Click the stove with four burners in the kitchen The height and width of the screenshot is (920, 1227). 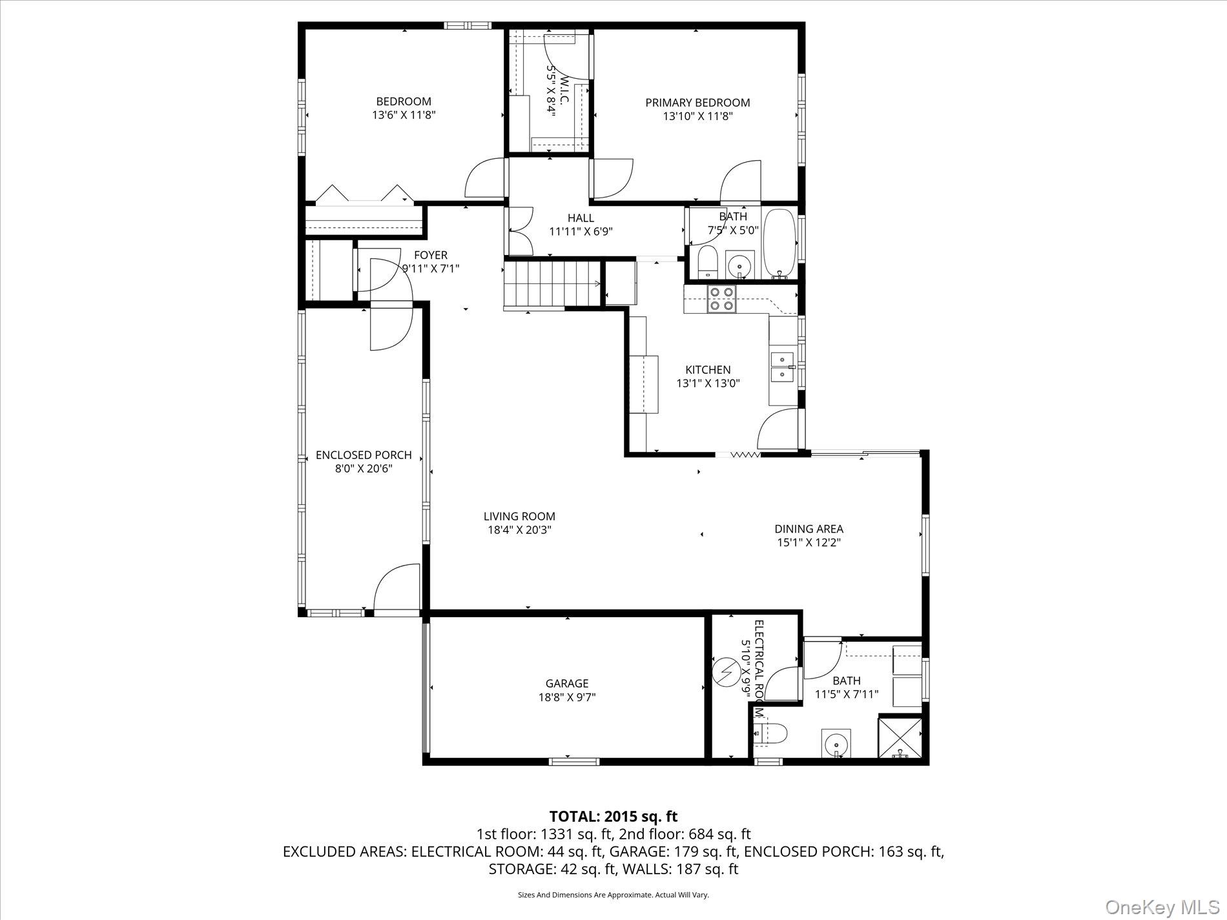click(721, 299)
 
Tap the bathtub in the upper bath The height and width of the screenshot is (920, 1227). click(780, 243)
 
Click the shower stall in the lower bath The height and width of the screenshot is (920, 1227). click(900, 738)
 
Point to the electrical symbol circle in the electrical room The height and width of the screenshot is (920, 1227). click(727, 673)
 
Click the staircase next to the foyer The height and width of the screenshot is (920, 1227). click(552, 285)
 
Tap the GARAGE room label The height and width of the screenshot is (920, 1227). click(567, 683)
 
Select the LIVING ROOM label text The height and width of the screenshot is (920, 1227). click(519, 516)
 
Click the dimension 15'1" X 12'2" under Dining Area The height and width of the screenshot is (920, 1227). click(809, 543)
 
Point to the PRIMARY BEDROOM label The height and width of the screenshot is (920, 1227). click(697, 103)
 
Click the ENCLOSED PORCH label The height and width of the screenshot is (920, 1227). click(364, 455)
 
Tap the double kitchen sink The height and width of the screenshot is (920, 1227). click(783, 366)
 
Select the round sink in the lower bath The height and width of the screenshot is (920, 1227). click(836, 743)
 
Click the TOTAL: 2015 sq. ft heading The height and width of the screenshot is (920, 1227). click(613, 816)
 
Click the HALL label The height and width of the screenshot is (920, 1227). click(581, 218)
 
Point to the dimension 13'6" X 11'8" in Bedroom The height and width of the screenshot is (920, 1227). click(404, 116)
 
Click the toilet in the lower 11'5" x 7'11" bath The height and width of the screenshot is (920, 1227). click(772, 733)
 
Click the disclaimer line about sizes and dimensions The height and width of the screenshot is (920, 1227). click(613, 895)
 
